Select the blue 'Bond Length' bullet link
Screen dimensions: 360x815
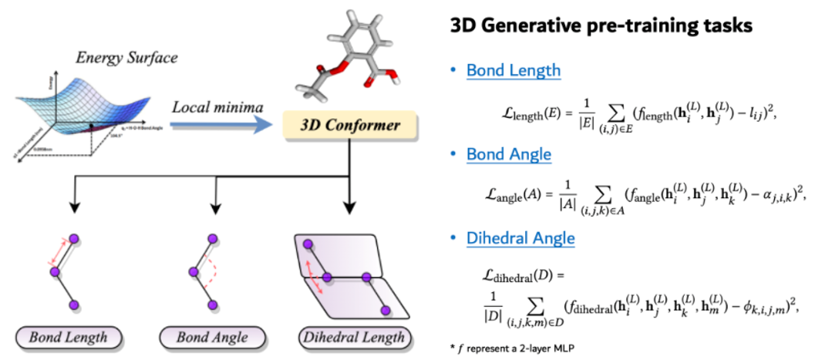point(513,71)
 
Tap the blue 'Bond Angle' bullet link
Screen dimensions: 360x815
point(509,154)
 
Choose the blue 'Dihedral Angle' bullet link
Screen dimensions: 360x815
point(520,239)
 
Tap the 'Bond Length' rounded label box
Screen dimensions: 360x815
point(62,337)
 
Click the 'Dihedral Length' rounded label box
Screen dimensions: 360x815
point(352,337)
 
